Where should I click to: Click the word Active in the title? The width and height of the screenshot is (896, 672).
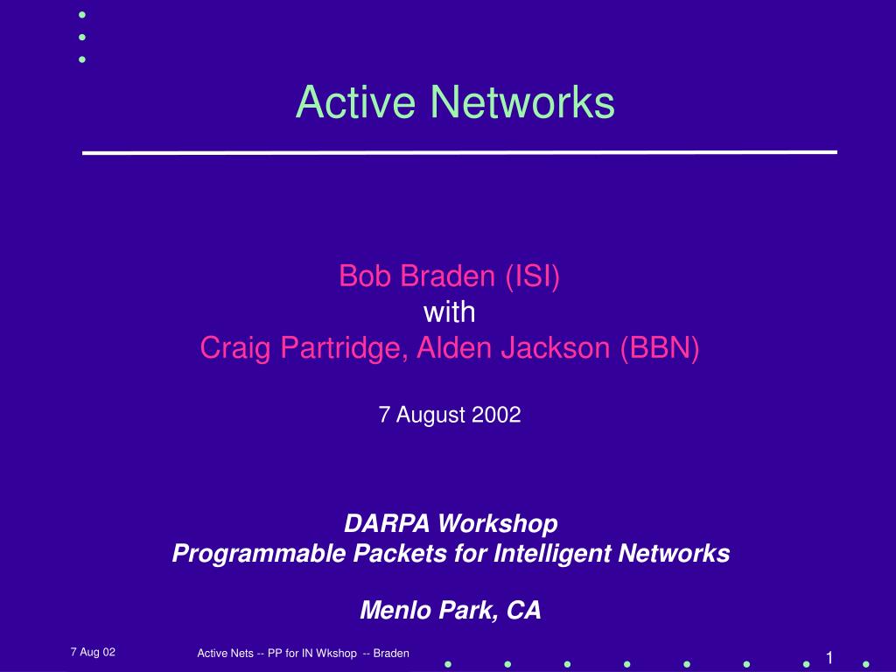tap(355, 101)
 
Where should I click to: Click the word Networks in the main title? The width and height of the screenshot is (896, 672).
tap(522, 101)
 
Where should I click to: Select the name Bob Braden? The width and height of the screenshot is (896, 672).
tap(416, 276)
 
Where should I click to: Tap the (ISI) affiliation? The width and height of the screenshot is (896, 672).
tap(533, 276)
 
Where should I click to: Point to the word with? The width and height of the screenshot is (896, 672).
tap(449, 312)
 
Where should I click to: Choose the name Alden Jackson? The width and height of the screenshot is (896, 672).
tap(513, 347)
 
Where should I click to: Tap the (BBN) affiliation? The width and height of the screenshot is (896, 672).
tap(660, 348)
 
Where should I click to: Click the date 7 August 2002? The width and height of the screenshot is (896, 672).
tap(450, 415)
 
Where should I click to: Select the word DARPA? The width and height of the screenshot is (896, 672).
tap(387, 523)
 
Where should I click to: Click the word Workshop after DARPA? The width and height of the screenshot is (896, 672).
tap(498, 524)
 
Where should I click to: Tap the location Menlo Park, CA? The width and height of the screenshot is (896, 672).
tap(451, 610)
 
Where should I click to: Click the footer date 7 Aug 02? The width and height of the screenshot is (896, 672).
tap(93, 652)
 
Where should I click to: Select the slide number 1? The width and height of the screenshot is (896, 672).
tap(829, 657)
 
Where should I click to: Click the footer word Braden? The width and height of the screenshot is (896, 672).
tap(391, 653)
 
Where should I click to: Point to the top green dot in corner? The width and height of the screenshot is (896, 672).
tap(82, 15)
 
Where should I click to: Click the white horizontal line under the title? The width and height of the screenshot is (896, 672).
tap(460, 152)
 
